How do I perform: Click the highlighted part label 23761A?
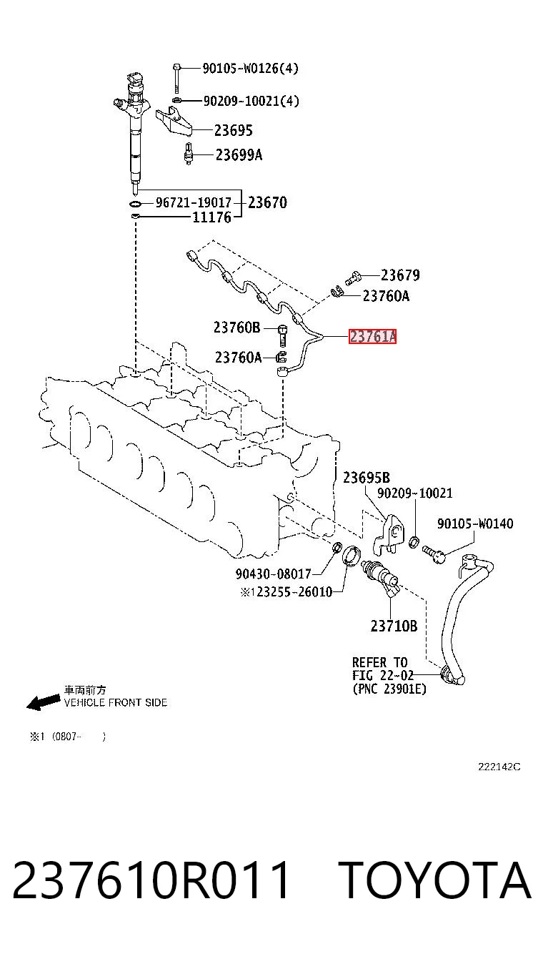pyautogui.click(x=372, y=336)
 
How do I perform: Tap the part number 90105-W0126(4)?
pyautogui.click(x=250, y=68)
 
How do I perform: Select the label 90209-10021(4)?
pyautogui.click(x=251, y=101)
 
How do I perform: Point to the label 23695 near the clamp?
pyautogui.click(x=233, y=130)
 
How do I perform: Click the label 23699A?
pyautogui.click(x=239, y=154)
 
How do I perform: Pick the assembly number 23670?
pyautogui.click(x=267, y=202)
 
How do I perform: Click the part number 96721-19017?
pyautogui.click(x=193, y=202)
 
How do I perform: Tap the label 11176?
pyautogui.click(x=212, y=217)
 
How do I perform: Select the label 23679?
pyautogui.click(x=400, y=275)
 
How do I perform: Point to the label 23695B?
pyautogui.click(x=367, y=478)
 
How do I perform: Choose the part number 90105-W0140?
pyautogui.click(x=475, y=523)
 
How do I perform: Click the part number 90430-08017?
pyautogui.click(x=274, y=574)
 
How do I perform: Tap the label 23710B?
pyautogui.click(x=394, y=626)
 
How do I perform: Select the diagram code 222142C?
pyautogui.click(x=499, y=767)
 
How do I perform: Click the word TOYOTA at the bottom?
pyautogui.click(x=437, y=880)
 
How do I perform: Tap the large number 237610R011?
pyautogui.click(x=151, y=880)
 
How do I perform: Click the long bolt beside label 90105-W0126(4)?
pyautogui.click(x=177, y=78)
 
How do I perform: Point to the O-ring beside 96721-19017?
pyautogui.click(x=135, y=203)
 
